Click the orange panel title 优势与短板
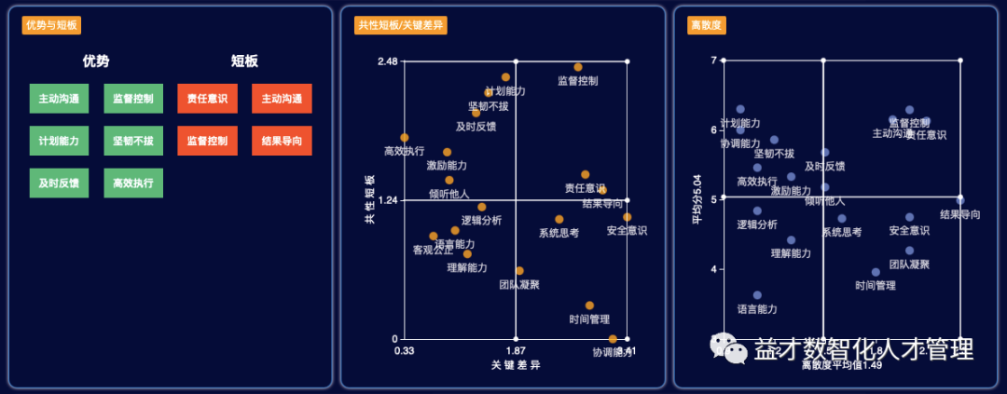(x=50, y=25)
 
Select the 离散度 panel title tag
(x=707, y=25)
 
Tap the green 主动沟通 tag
(x=59, y=99)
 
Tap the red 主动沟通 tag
(x=282, y=99)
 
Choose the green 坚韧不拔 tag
(x=133, y=141)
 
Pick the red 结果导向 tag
(x=282, y=141)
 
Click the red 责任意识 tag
(x=208, y=99)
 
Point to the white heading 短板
(x=244, y=61)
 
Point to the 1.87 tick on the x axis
(x=516, y=351)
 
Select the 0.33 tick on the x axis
(x=405, y=351)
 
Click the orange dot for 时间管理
(x=589, y=306)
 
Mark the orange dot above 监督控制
(x=578, y=67)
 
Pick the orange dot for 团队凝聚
(x=519, y=271)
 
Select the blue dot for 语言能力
(x=757, y=295)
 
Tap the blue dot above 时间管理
(x=876, y=272)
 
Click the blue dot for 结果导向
(x=959, y=200)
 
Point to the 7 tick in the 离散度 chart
(x=713, y=61)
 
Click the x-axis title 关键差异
(x=516, y=366)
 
